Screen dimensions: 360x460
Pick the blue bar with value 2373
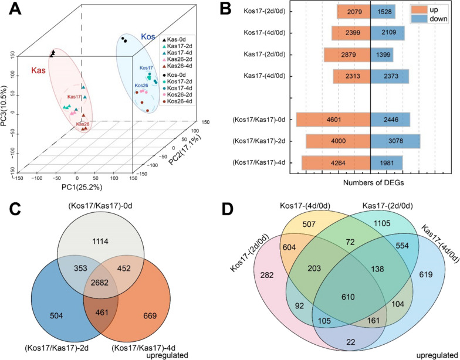390,76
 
